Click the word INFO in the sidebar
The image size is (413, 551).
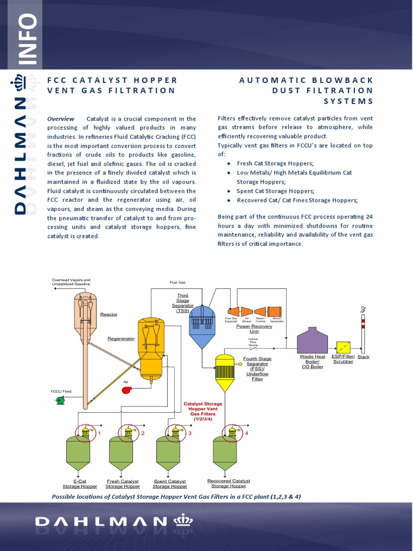pos(27,39)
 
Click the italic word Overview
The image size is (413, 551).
pos(61,118)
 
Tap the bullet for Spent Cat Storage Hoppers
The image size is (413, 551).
pos(230,191)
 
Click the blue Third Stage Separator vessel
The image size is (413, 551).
pos(202,328)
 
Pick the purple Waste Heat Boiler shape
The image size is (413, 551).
pos(312,340)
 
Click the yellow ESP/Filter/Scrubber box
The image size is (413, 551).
pos(343,348)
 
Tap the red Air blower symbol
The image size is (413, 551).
pos(127,390)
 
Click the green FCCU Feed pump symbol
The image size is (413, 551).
pos(60,400)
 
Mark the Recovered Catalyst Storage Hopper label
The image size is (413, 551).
pos(229,483)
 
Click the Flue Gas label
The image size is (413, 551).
pos(177,282)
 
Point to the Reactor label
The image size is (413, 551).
pos(109,314)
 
